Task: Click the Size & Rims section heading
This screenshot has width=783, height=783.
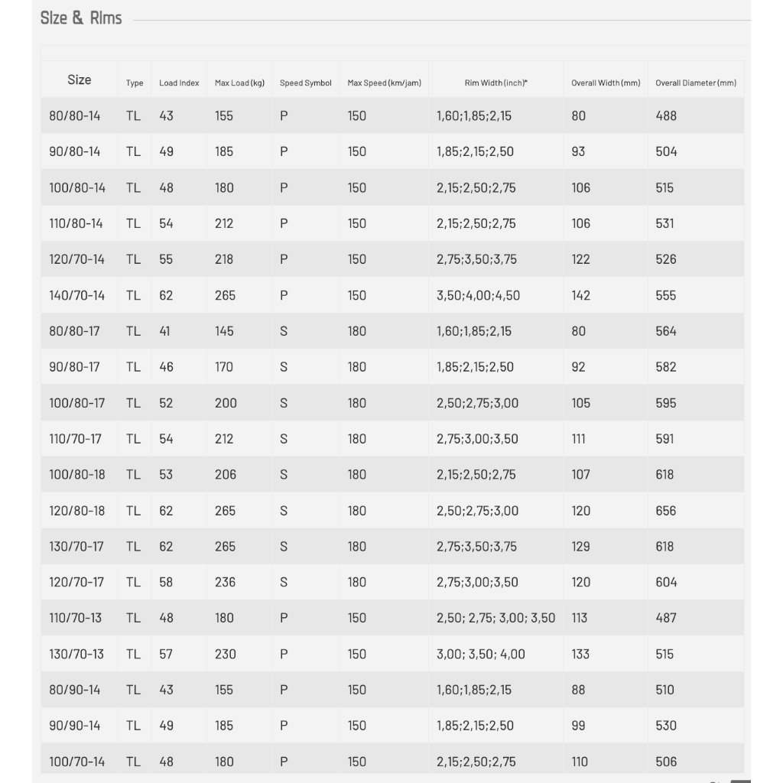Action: [x=81, y=18]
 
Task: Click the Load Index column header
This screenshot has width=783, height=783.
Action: [x=179, y=83]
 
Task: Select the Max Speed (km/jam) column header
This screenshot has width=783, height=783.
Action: [x=384, y=83]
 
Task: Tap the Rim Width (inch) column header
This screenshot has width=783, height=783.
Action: [x=495, y=83]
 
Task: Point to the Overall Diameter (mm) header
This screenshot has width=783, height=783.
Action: [x=696, y=83]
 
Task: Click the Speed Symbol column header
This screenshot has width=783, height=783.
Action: [x=306, y=83]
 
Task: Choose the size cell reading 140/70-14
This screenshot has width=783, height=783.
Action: [x=77, y=295]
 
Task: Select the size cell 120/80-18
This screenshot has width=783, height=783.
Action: [x=77, y=511]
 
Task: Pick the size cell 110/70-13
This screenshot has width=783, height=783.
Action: [x=76, y=618]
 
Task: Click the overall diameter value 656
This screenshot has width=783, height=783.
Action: [x=666, y=511]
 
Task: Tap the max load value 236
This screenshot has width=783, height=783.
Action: [x=225, y=582]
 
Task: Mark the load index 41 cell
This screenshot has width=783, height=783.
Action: [x=165, y=331]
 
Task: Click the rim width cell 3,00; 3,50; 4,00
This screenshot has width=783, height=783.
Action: [x=481, y=654]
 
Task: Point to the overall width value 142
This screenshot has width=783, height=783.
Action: [x=581, y=295]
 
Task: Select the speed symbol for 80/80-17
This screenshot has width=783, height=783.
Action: [x=284, y=331]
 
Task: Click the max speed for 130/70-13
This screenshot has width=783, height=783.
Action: [x=357, y=654]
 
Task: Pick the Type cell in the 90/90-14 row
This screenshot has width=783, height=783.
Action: [x=134, y=726]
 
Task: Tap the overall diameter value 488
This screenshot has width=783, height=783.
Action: [x=666, y=115]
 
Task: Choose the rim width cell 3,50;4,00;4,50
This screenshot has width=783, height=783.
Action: [x=478, y=295]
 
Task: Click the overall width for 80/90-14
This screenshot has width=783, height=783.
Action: [x=578, y=690]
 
